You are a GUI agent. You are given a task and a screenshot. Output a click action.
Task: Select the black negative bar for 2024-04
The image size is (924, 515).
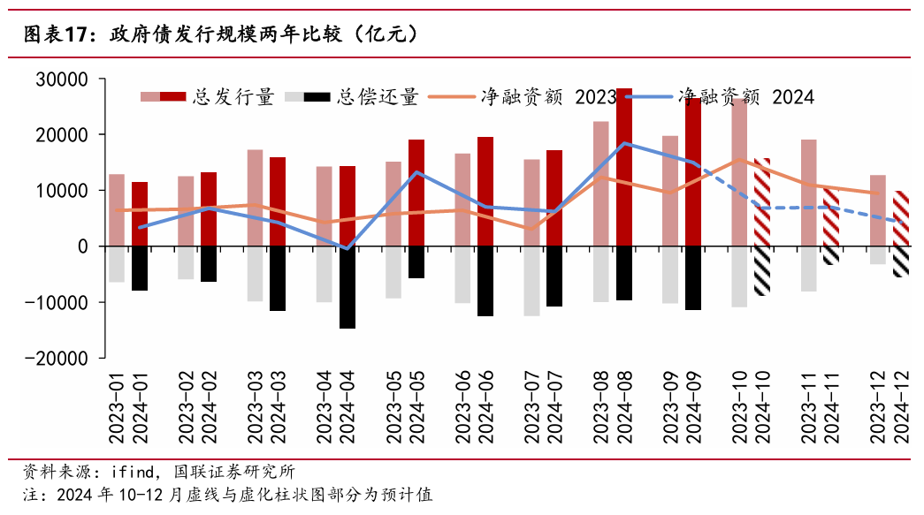(347, 287)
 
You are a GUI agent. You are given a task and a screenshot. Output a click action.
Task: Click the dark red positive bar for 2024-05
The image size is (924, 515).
(416, 193)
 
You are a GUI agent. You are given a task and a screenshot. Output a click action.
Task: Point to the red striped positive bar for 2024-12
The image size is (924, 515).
(900, 218)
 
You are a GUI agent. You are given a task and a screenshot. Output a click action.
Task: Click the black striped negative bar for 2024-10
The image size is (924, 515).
(762, 270)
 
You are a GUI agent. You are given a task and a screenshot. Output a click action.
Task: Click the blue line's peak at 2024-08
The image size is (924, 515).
(624, 143)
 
